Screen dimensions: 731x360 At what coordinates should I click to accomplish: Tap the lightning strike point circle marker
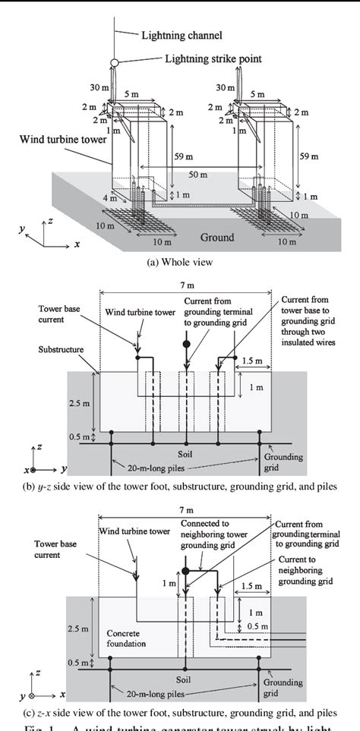pyautogui.click(x=115, y=61)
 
